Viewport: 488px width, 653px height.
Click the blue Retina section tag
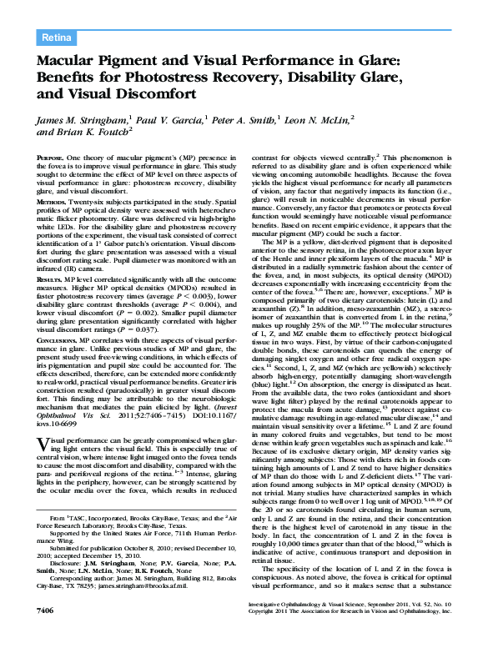[x=57, y=38]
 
